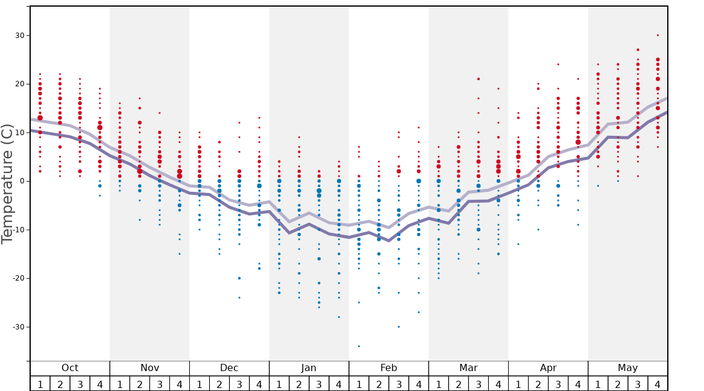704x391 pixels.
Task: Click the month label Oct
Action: (70, 368)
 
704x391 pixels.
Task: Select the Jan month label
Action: (309, 368)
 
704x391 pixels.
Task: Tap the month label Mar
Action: (468, 368)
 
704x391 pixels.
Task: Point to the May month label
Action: (627, 368)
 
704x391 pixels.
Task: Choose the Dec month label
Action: (229, 368)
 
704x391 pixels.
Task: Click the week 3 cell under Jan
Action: (319, 384)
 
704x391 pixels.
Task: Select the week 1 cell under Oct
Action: (40, 384)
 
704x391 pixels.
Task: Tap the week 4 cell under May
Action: (658, 384)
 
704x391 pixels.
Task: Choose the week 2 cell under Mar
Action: (458, 384)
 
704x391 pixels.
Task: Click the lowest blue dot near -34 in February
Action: (359, 346)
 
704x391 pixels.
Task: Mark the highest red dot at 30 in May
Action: (658, 35)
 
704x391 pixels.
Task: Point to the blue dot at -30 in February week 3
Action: (398, 326)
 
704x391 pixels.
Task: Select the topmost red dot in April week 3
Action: (558, 64)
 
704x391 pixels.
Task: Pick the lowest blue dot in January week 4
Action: (339, 317)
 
